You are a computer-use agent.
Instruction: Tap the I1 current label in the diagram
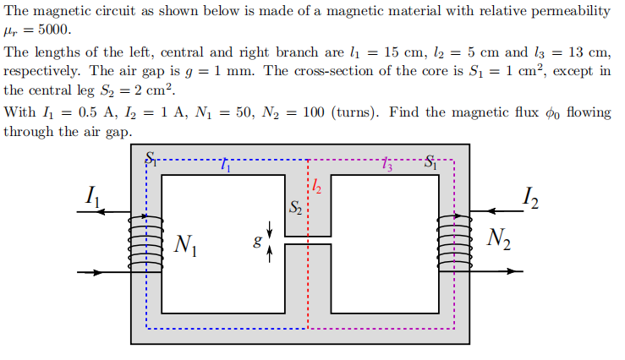pyautogui.click(x=94, y=199)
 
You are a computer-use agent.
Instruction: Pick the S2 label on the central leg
pyautogui.click(x=294, y=206)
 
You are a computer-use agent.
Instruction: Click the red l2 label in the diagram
pyautogui.click(x=315, y=186)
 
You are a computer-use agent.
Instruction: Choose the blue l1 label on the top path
pyautogui.click(x=225, y=165)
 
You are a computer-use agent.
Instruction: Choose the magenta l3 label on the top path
pyautogui.click(x=387, y=165)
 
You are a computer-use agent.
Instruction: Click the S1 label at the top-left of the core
pyautogui.click(x=152, y=156)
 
